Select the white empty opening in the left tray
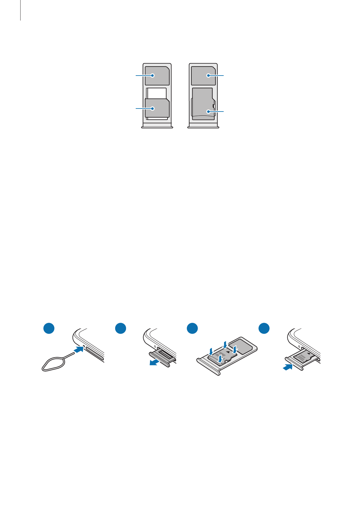[157, 93]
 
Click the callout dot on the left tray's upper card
[153, 76]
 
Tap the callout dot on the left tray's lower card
[153, 108]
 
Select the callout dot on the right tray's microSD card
[208, 112]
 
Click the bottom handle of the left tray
[157, 127]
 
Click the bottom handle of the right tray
[203, 127]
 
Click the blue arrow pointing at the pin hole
[79, 350]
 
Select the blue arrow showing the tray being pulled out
[155, 363]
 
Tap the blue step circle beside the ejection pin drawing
[49, 329]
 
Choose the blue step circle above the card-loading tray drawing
[192, 329]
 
